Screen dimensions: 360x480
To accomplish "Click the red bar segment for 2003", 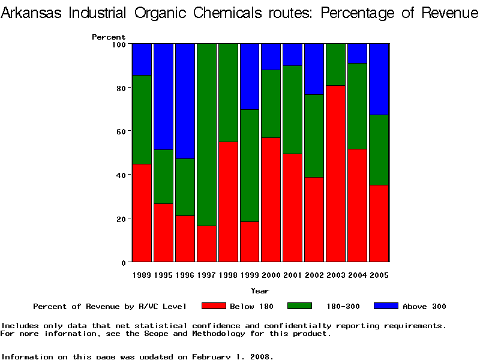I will tap(336, 174).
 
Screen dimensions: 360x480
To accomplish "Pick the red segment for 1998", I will tap(228, 202).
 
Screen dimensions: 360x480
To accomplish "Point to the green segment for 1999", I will tap(250, 166).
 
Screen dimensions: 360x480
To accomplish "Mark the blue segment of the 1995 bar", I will tap(163, 97).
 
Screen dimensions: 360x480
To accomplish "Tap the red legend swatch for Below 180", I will tap(214, 306).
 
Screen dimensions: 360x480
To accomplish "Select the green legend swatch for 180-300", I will tap(300, 306).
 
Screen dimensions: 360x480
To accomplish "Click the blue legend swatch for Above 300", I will tap(386, 306).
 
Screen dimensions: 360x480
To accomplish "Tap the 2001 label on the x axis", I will tap(293, 275).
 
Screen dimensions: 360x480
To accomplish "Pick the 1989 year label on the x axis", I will tap(142, 275).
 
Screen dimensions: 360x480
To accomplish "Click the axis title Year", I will tap(260, 291).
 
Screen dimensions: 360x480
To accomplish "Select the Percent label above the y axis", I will tap(109, 37).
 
